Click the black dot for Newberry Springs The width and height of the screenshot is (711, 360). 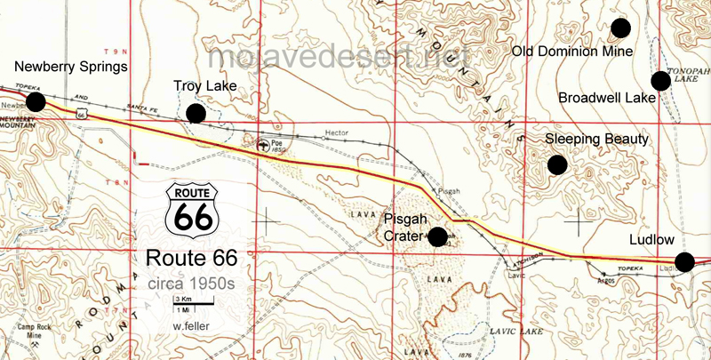click(x=36, y=101)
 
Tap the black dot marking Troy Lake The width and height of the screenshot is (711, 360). click(x=196, y=113)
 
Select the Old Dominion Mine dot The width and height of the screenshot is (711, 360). click(x=620, y=28)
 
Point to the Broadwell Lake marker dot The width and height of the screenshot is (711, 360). click(x=660, y=81)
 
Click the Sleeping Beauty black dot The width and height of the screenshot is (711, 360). click(x=557, y=164)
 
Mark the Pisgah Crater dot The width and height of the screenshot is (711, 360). click(x=437, y=236)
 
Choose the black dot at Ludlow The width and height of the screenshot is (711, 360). click(x=684, y=261)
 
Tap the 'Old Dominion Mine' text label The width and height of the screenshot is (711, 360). click(x=572, y=52)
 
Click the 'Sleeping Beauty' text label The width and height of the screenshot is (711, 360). click(x=597, y=140)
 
